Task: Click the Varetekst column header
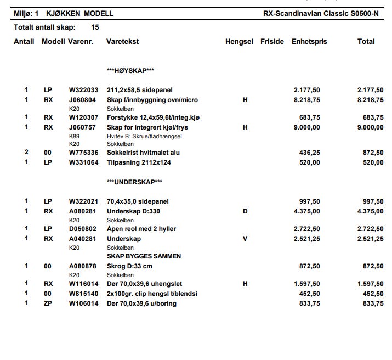click(x=122, y=42)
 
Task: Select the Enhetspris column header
click(x=309, y=42)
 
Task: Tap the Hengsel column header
click(x=239, y=42)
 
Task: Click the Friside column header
click(x=272, y=42)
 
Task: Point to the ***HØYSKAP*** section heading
click(x=130, y=71)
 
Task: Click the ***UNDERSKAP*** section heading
click(x=134, y=182)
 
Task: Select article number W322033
click(x=83, y=91)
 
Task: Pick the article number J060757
click(x=82, y=127)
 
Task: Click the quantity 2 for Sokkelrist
click(x=26, y=153)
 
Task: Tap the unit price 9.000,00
click(x=307, y=127)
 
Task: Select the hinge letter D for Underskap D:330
click(x=245, y=211)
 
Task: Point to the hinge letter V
click(x=245, y=239)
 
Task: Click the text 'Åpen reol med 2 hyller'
click(x=141, y=229)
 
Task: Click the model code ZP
click(x=48, y=303)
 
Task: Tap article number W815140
click(x=83, y=294)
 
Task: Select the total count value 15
click(x=95, y=27)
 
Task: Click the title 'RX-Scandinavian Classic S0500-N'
click(x=320, y=13)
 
